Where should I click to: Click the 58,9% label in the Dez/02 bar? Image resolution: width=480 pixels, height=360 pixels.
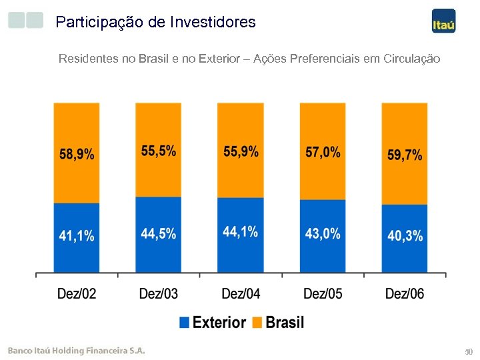pyautogui.click(x=77, y=155)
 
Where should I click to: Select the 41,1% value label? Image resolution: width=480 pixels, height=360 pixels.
pyautogui.click(x=77, y=235)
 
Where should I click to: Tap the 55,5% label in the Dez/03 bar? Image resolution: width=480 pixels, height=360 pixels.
pyautogui.click(x=159, y=151)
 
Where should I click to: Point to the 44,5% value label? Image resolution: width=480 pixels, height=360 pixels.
pyautogui.click(x=159, y=233)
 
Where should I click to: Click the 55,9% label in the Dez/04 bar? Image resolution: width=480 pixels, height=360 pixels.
pyautogui.click(x=241, y=151)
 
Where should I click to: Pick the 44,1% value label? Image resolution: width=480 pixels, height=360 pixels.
pyautogui.click(x=241, y=232)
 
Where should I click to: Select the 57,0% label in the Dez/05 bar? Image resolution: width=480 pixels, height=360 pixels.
pyautogui.click(x=323, y=152)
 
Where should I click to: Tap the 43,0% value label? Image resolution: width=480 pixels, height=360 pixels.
pyautogui.click(x=323, y=233)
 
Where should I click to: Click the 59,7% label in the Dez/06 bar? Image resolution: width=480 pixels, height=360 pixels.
pyautogui.click(x=405, y=155)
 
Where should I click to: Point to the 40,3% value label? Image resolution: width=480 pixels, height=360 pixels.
pyautogui.click(x=405, y=236)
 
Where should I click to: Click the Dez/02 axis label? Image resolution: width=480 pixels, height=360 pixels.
pyautogui.click(x=77, y=293)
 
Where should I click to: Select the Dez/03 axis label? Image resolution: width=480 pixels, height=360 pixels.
pyautogui.click(x=159, y=293)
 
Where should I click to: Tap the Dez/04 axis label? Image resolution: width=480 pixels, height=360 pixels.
pyautogui.click(x=241, y=293)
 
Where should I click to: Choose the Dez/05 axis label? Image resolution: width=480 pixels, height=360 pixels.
pyautogui.click(x=323, y=293)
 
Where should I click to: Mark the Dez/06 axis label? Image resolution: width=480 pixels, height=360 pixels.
pyautogui.click(x=405, y=293)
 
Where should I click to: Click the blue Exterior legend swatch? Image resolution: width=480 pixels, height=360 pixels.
pyautogui.click(x=185, y=323)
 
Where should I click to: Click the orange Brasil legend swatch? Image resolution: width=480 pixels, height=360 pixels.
pyautogui.click(x=258, y=323)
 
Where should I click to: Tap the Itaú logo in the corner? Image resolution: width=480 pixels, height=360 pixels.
pyautogui.click(x=443, y=21)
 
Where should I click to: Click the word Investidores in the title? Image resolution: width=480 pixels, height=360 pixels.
pyautogui.click(x=213, y=22)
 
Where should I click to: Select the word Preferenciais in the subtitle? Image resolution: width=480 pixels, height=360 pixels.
pyautogui.click(x=323, y=59)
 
